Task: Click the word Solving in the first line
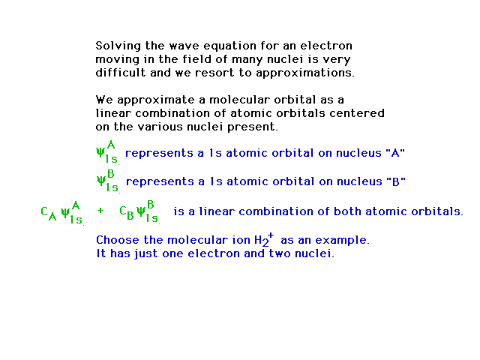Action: point(118,46)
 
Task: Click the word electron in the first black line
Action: point(326,46)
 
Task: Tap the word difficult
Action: point(120,73)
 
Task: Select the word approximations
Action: point(305,73)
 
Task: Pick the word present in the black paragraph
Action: point(253,127)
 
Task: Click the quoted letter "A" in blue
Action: point(395,152)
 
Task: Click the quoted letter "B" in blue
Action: point(396,181)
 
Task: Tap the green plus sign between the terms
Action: point(100,210)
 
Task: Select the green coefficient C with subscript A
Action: point(49,213)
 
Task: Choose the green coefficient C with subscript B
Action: point(127,213)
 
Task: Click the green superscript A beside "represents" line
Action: point(111,144)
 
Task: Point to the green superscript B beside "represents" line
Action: point(111,173)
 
